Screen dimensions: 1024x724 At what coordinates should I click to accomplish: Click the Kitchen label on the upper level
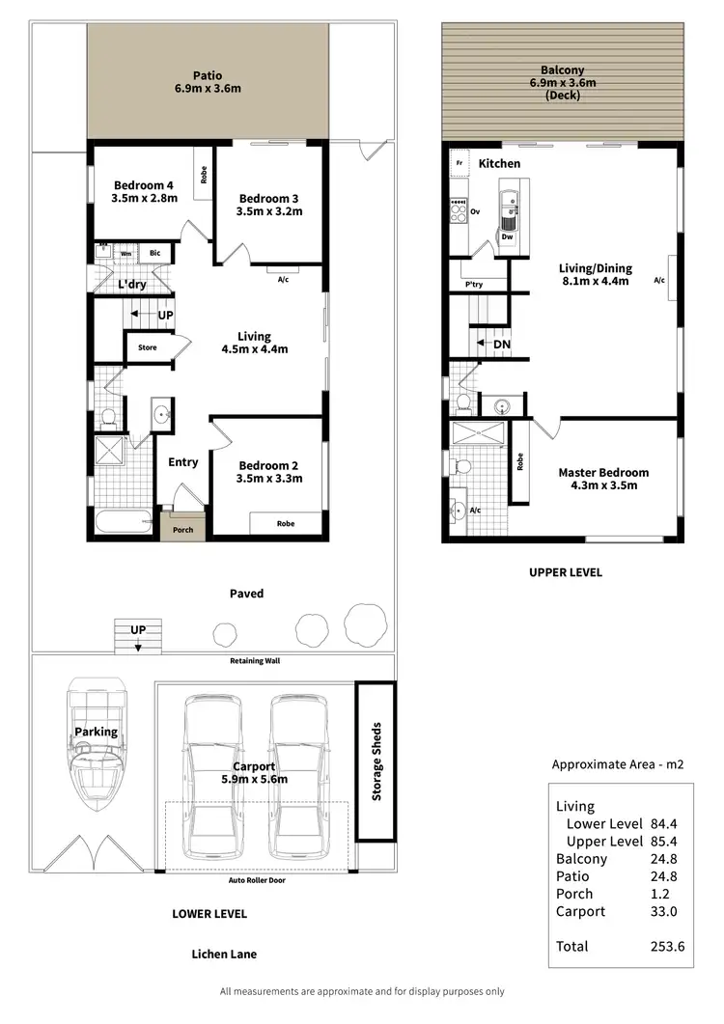(x=499, y=164)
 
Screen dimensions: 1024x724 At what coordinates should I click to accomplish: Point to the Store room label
(x=147, y=347)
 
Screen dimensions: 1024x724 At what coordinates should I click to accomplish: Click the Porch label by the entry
(x=182, y=530)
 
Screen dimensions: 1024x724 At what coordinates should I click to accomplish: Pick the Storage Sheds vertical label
(x=376, y=761)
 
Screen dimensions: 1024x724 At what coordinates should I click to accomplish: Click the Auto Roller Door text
(x=257, y=880)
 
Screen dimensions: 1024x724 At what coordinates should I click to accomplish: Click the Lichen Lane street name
(x=223, y=955)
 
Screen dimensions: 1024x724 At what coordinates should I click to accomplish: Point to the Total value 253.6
(x=668, y=947)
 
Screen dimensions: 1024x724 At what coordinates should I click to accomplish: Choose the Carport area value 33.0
(x=668, y=911)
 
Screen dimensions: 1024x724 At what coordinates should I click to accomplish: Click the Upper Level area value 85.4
(x=668, y=842)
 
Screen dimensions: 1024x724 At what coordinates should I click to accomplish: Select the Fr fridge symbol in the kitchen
(x=460, y=164)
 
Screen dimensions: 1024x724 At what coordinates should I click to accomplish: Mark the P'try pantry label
(x=474, y=285)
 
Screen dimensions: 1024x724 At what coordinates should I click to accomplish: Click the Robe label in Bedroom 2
(x=285, y=524)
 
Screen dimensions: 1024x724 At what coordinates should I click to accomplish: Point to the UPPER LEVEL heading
(x=565, y=572)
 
